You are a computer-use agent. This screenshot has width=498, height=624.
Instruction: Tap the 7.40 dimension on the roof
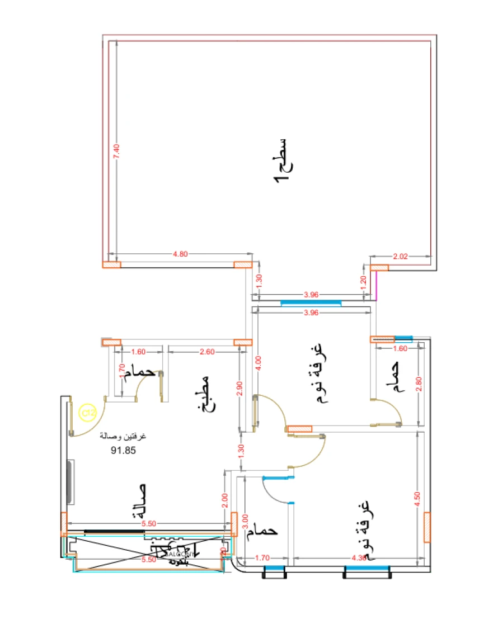click(116, 152)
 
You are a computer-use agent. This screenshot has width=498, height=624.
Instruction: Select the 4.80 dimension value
click(180, 254)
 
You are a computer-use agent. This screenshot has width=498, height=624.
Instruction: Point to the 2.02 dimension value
click(400, 257)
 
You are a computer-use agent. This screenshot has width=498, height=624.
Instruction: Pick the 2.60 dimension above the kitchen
click(206, 352)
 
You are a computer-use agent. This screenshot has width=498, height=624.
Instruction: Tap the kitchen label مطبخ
click(202, 394)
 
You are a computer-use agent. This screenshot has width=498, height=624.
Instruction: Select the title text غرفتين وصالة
click(124, 436)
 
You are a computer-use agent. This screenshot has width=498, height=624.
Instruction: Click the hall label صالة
click(138, 502)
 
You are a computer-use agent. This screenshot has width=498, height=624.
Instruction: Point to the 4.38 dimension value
click(358, 557)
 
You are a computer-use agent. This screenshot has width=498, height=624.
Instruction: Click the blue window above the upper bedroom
click(311, 302)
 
